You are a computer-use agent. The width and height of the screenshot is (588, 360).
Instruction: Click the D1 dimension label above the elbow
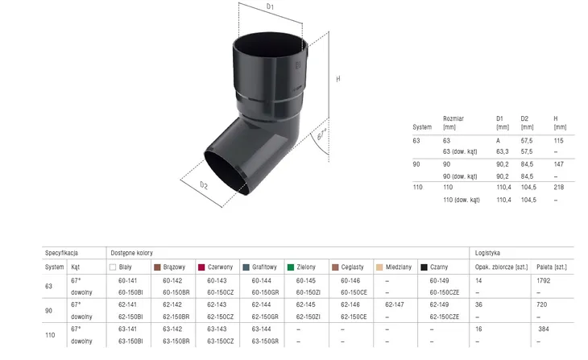coord(270,6)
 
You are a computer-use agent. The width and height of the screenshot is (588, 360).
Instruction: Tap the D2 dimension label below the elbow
coord(204,185)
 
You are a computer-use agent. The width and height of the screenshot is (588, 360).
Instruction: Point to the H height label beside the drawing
coord(338,79)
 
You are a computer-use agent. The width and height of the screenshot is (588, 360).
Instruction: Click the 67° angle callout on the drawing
coord(321,134)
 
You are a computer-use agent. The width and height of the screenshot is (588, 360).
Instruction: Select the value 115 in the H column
coord(558,141)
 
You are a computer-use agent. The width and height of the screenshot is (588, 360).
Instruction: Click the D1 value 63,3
coord(503,151)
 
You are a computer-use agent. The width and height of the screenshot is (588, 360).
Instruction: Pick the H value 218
coord(558,187)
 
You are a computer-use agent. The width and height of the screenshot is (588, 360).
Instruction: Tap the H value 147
coord(558,164)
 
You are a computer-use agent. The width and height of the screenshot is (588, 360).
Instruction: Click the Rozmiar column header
coord(453,118)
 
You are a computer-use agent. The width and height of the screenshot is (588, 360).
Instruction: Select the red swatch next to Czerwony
coord(201,267)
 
